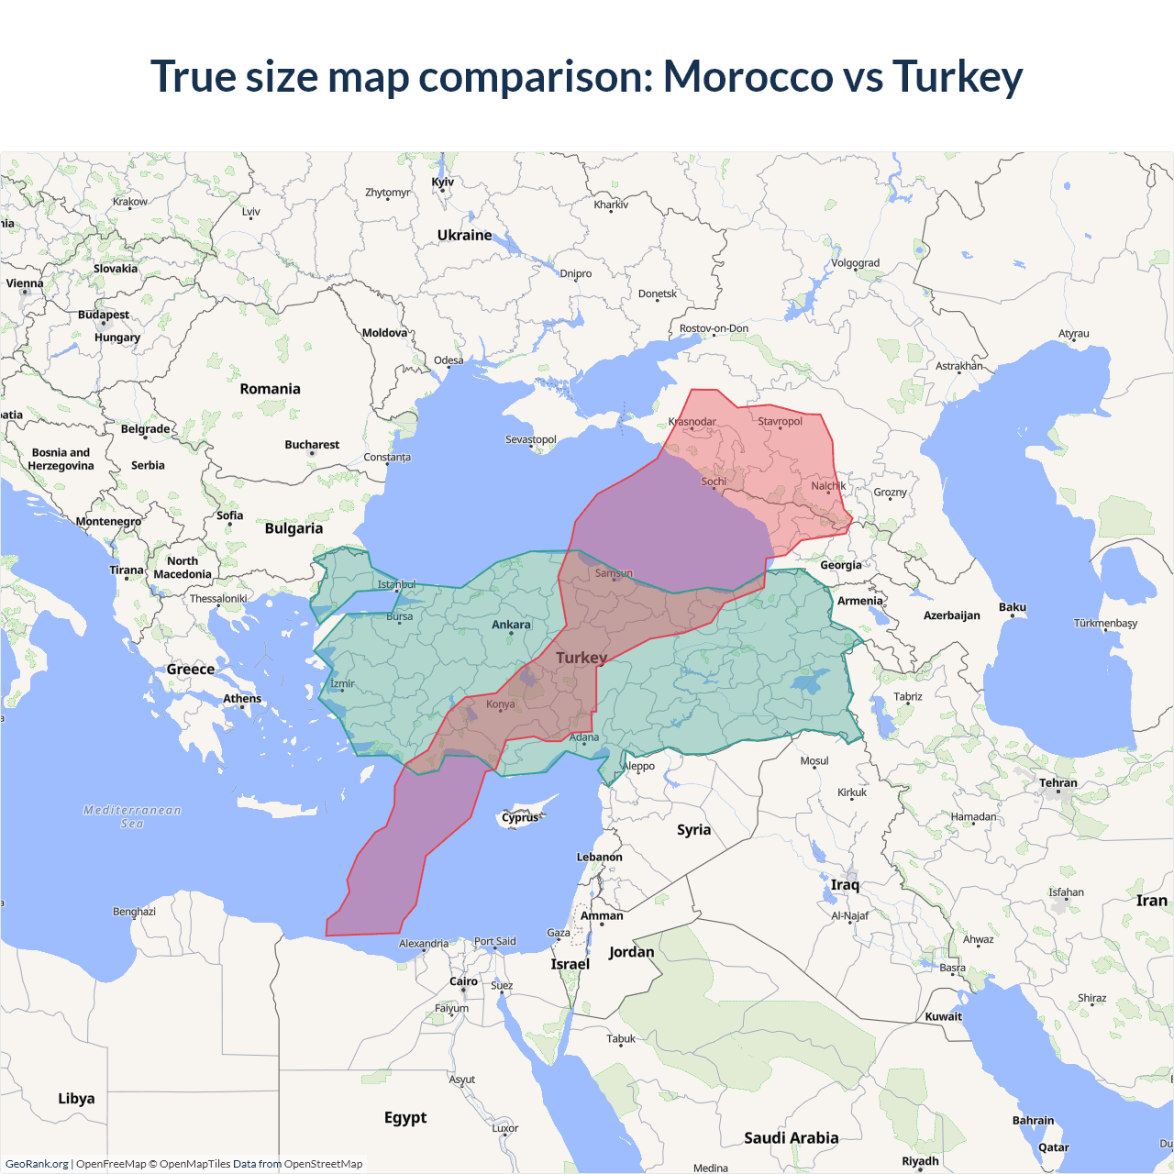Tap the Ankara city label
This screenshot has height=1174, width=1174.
click(511, 625)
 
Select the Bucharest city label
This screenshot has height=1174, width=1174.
click(312, 445)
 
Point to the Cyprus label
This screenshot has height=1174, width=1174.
click(520, 817)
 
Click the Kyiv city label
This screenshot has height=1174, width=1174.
click(443, 182)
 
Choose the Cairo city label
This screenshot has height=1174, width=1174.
click(463, 981)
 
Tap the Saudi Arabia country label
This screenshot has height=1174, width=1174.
click(791, 1138)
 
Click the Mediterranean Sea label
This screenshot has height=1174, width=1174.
click(132, 816)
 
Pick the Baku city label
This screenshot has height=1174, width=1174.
click(1013, 607)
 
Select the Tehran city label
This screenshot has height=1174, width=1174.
click(1058, 782)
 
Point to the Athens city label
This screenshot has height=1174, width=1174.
click(242, 699)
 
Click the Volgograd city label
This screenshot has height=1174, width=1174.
click(855, 263)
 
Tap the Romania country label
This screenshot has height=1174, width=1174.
click(270, 389)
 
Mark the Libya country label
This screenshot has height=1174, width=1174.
click(76, 1099)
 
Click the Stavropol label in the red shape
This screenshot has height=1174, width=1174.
click(780, 422)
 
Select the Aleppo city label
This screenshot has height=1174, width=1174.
click(639, 766)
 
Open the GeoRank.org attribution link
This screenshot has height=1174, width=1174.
click(37, 1164)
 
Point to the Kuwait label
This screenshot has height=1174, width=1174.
click(944, 1016)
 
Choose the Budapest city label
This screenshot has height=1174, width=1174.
click(104, 315)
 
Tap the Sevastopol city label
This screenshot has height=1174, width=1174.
click(531, 439)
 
